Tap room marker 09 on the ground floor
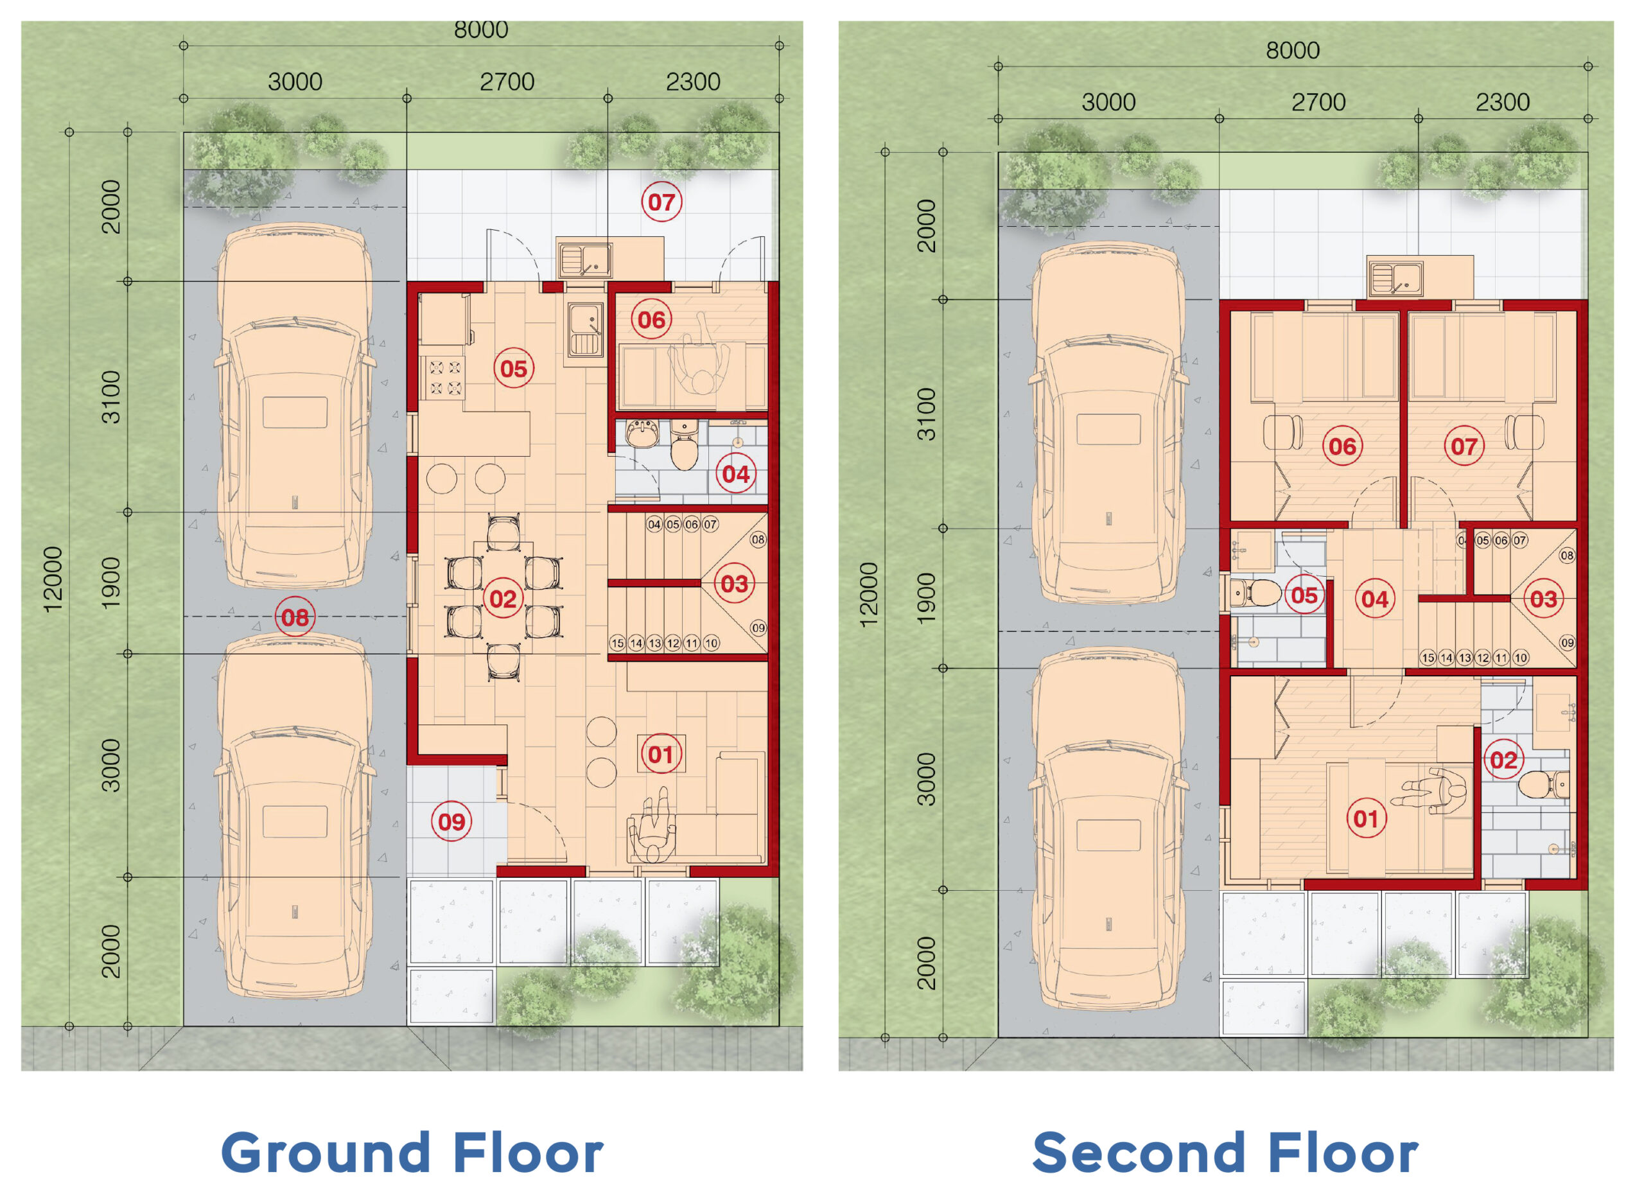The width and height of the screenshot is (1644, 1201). click(x=451, y=822)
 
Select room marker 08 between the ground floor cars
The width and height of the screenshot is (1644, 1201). click(x=295, y=617)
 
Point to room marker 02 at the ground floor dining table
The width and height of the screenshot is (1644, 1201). click(x=503, y=599)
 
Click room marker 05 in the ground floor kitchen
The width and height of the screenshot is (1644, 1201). click(x=514, y=369)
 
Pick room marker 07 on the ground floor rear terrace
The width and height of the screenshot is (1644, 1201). click(x=661, y=202)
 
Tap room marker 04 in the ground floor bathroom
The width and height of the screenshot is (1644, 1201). click(x=735, y=474)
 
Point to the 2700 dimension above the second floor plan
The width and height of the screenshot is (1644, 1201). click(x=1318, y=101)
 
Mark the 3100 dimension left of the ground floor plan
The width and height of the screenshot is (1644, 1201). click(x=110, y=397)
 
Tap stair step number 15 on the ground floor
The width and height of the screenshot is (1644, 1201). click(x=617, y=644)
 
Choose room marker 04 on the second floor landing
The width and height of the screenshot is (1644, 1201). click(x=1374, y=599)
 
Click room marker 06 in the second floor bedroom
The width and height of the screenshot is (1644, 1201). click(x=1342, y=446)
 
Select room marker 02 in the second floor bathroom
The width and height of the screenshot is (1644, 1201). click(x=1503, y=760)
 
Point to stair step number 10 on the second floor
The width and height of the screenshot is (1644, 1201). click(x=1519, y=658)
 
